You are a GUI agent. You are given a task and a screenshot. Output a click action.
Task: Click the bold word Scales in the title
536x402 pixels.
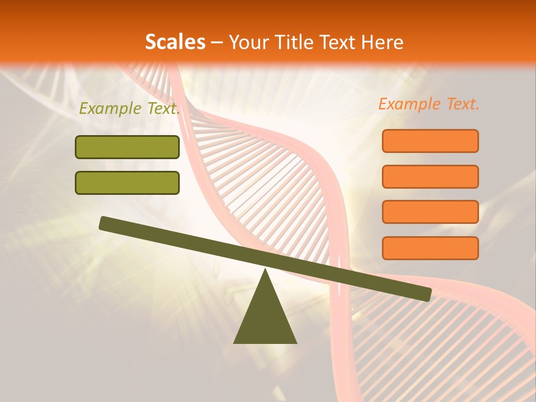175,42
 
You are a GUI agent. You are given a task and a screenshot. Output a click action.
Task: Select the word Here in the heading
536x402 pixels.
382,42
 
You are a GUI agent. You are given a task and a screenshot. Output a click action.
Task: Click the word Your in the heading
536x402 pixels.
249,42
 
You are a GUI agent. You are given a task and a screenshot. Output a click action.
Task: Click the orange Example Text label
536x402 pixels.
429,104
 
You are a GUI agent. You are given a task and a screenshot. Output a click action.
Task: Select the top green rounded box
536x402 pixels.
127,147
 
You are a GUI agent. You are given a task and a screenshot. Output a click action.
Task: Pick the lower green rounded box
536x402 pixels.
127,183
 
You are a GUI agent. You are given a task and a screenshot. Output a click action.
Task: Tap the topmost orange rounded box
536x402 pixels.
430,141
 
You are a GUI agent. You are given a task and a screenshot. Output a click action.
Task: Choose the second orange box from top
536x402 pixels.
430,176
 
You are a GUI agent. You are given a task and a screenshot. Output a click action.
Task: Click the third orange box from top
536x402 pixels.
430,212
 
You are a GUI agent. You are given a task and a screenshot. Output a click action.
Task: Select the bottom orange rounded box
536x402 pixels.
430,248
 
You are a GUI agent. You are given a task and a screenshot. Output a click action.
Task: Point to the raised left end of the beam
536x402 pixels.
104,223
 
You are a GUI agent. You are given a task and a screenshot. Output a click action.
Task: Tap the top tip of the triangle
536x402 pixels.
265,270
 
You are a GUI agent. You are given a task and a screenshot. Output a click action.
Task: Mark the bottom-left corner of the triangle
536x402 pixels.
234,343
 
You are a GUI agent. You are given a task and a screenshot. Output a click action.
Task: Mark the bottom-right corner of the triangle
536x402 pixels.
296,343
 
